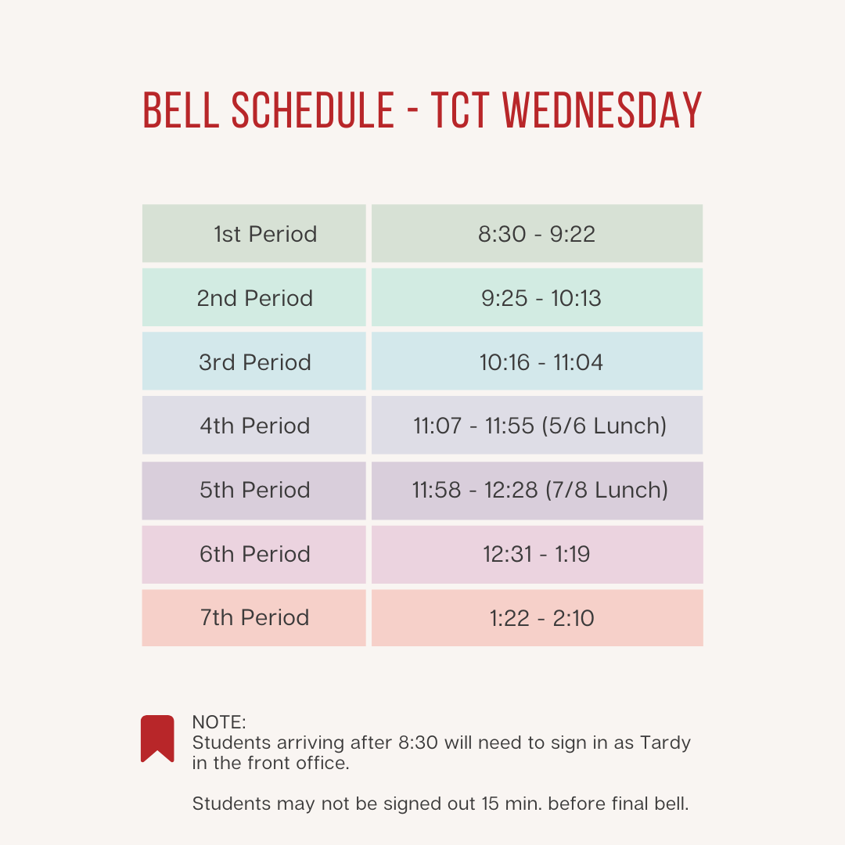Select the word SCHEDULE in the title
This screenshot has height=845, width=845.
click(x=313, y=111)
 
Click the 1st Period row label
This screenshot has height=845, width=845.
click(x=265, y=234)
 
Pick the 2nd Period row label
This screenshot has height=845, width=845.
click(x=255, y=298)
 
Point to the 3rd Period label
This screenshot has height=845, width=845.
click(x=255, y=362)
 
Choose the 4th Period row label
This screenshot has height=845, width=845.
click(x=255, y=426)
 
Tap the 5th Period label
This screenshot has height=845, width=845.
click(x=255, y=490)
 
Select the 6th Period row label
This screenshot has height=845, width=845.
click(x=255, y=554)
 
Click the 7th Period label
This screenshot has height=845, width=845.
click(x=255, y=617)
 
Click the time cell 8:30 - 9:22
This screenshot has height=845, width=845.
click(x=537, y=234)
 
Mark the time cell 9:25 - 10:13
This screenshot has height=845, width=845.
click(x=541, y=298)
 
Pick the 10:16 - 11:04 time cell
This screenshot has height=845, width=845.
click(x=541, y=362)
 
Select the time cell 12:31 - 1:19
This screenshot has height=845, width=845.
click(x=537, y=554)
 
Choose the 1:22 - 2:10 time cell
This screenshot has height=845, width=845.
click(x=541, y=618)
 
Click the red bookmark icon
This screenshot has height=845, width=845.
click(x=157, y=738)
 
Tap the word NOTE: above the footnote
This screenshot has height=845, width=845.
click(x=219, y=722)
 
